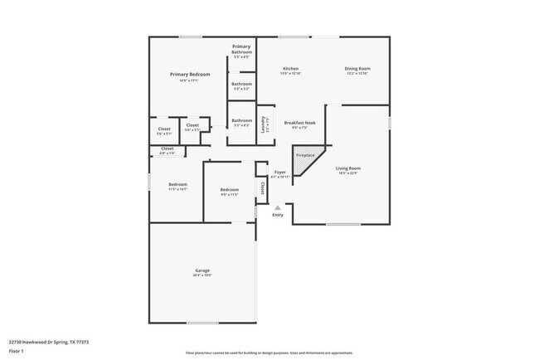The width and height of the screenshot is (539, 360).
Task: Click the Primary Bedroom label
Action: (190, 75)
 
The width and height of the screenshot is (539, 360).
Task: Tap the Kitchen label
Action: (290, 68)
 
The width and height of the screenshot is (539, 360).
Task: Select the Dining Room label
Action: (357, 68)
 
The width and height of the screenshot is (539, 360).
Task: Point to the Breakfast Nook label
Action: (299, 123)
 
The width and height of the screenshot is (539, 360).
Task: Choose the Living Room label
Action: (348, 168)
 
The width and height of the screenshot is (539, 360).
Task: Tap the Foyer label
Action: (281, 172)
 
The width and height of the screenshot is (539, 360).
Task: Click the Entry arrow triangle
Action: (278, 207)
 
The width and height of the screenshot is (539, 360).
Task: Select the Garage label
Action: (202, 270)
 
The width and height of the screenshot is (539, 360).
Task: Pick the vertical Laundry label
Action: (263, 124)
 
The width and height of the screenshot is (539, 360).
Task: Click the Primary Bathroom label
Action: (241, 49)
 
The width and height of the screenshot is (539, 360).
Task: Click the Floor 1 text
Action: (16, 351)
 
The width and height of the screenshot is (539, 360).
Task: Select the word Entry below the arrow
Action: (278, 215)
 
